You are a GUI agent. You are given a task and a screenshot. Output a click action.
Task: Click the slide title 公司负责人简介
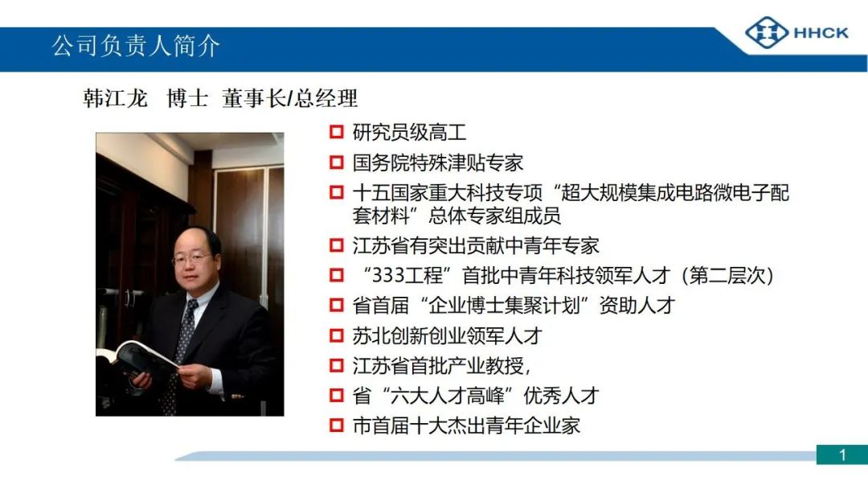tap(136, 45)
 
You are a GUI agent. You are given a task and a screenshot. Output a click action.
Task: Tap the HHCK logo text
tap(821, 33)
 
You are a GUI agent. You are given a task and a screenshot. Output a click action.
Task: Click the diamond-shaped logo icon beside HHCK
tap(767, 33)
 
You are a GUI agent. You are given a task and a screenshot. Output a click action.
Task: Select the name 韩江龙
tap(115, 99)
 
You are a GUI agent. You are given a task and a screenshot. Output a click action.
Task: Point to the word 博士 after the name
tap(187, 99)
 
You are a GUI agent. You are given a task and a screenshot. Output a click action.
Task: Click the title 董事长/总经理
tap(289, 99)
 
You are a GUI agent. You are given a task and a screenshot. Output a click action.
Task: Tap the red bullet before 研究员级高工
tap(337, 132)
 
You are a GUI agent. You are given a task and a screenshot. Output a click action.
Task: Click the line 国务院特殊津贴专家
tap(437, 162)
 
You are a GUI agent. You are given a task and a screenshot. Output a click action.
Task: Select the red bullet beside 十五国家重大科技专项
tap(337, 192)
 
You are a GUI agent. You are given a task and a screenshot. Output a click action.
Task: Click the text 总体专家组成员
tap(494, 216)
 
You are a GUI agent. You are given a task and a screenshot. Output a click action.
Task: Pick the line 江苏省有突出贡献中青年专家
tap(476, 245)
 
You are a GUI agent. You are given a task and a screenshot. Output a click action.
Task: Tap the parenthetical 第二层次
tap(727, 275)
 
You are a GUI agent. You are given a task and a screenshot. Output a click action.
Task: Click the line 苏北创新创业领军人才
tap(448, 335)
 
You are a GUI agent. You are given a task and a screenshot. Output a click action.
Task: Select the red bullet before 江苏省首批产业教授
tap(337, 365)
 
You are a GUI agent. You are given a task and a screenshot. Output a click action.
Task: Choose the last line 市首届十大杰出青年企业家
tap(466, 425)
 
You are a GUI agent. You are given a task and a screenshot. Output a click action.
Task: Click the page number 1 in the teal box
tap(842, 455)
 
